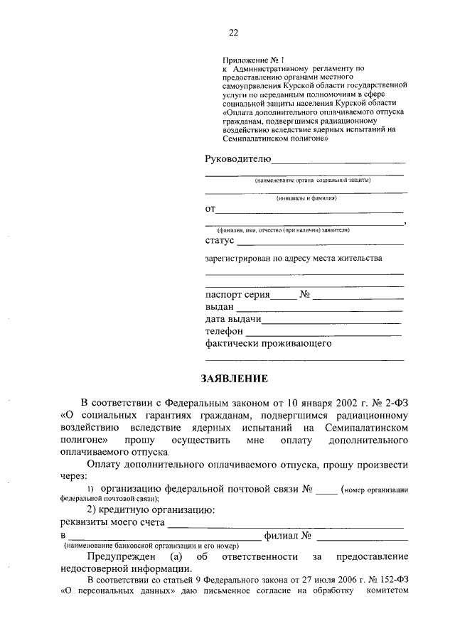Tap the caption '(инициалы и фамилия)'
click(306, 198)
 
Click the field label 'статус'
click(219, 242)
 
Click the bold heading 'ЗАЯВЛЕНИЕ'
click(233, 378)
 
